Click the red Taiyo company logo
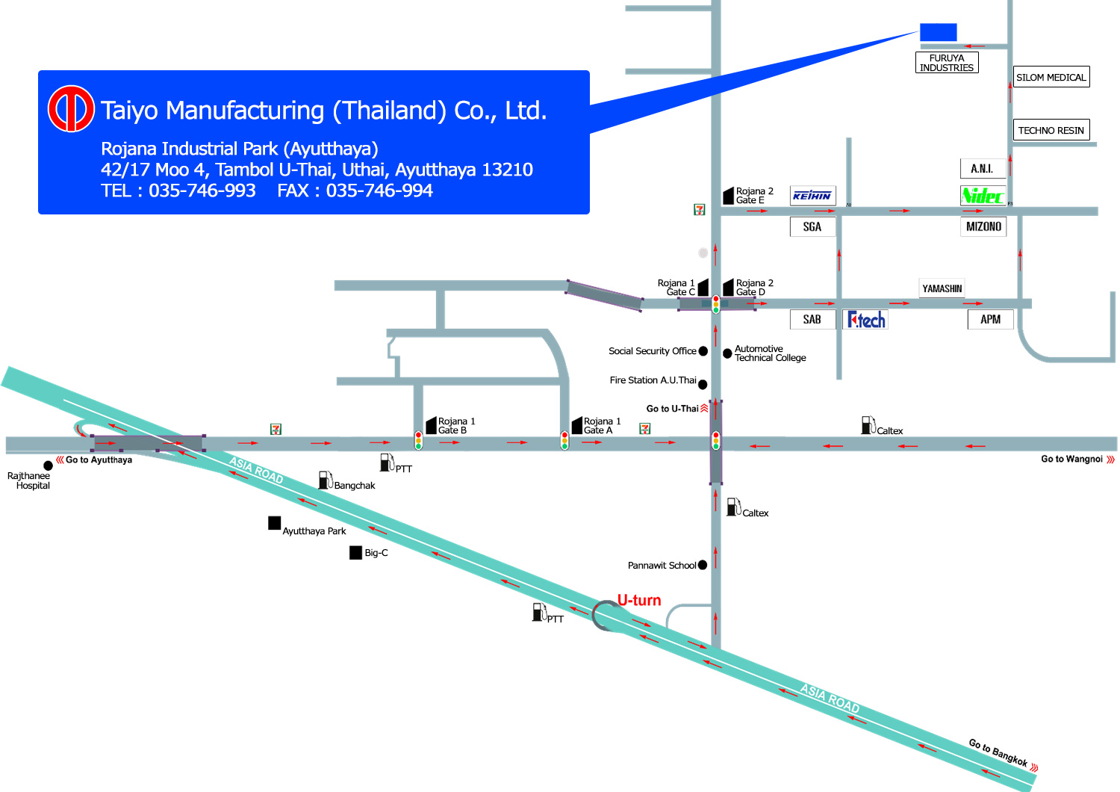70,108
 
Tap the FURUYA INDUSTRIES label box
947,63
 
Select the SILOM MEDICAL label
1051,77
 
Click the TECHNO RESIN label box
1051,130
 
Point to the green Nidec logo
983,196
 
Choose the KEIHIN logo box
812,196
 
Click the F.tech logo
866,320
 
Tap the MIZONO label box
983,226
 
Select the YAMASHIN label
942,288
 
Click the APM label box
991,319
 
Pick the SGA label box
812,226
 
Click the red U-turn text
639,600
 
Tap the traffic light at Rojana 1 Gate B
418,441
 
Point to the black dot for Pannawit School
703,565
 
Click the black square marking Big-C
355,552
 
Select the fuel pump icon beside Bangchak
326,480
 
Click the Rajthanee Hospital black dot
48,465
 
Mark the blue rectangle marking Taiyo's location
939,32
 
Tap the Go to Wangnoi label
1071,459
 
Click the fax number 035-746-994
379,191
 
